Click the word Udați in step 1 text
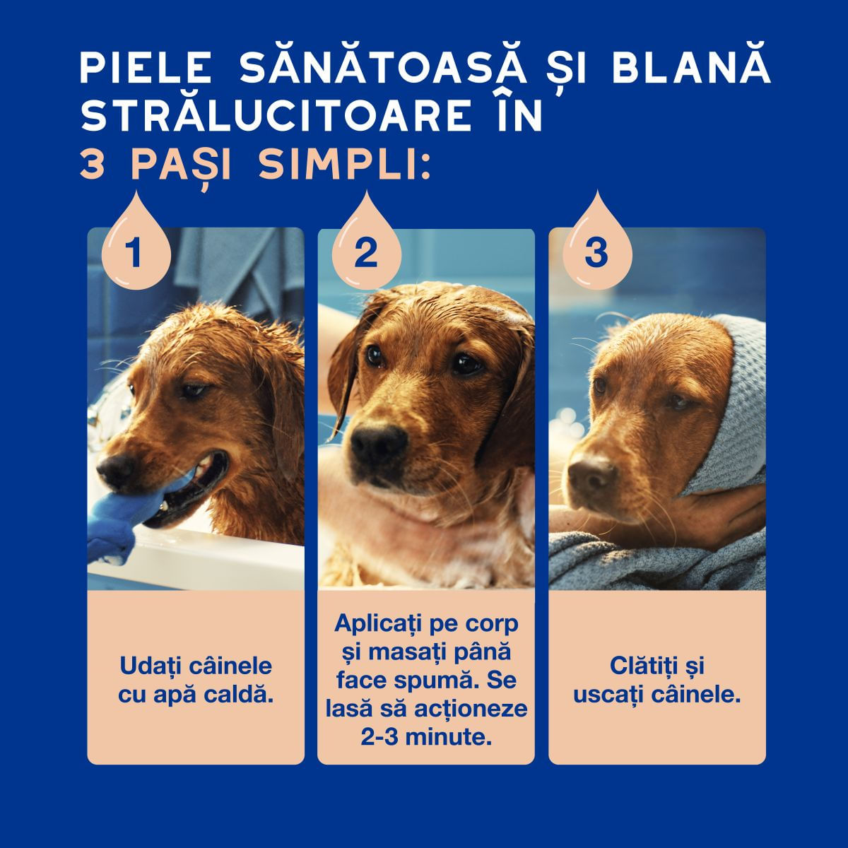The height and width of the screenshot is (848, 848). (151, 666)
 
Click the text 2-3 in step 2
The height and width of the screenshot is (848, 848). (379, 738)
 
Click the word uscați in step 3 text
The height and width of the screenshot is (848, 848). (608, 696)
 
